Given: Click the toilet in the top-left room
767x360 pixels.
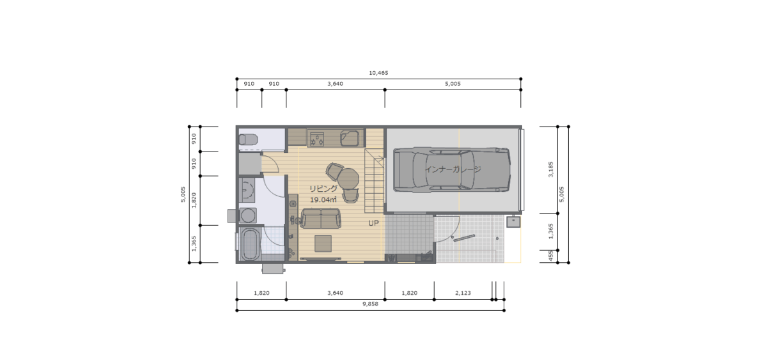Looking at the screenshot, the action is (x=248, y=139).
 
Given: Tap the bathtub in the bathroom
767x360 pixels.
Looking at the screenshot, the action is (x=251, y=244).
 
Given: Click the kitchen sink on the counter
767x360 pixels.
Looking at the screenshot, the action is (x=350, y=138).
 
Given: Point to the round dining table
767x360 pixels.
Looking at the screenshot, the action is (x=348, y=178).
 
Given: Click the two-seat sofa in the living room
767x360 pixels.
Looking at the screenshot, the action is (x=321, y=219).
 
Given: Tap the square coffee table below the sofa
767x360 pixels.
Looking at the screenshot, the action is (x=323, y=244).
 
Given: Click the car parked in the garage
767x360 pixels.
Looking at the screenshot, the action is (x=452, y=169).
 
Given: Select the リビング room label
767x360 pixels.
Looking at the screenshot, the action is (x=323, y=189).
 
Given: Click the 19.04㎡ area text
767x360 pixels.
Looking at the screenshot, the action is (x=323, y=200).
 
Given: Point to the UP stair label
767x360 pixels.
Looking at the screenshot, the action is (x=373, y=223).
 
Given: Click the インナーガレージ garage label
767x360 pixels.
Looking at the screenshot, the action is (x=453, y=169).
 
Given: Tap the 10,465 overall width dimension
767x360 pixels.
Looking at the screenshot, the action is (x=378, y=73).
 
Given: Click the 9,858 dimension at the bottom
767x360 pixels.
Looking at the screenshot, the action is (x=371, y=304).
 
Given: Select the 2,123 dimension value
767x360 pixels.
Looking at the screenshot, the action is (x=463, y=293).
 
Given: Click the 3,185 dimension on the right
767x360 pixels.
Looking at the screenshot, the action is (x=550, y=169).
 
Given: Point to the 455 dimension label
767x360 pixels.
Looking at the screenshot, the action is (x=550, y=256).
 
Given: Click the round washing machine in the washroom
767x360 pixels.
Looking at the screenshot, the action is (x=247, y=215).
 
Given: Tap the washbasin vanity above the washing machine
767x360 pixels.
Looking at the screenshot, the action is (x=247, y=190).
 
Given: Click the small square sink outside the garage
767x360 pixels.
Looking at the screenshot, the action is (x=513, y=222).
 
